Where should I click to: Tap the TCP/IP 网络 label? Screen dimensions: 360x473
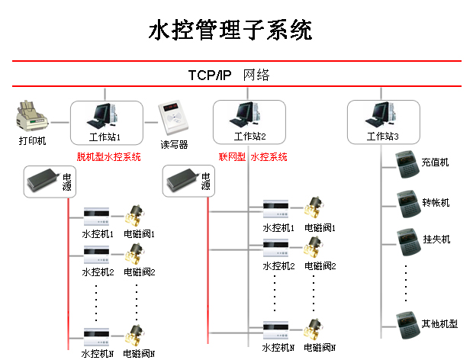pyautogui.click(x=229, y=76)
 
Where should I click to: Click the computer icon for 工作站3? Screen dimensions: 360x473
pyautogui.click(x=381, y=114)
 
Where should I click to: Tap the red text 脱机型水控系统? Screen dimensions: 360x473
pyautogui.click(x=109, y=157)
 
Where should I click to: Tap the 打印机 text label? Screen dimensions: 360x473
pyautogui.click(x=33, y=141)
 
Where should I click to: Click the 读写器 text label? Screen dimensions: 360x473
pyautogui.click(x=174, y=144)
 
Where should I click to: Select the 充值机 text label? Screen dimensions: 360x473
pyautogui.click(x=436, y=162)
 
